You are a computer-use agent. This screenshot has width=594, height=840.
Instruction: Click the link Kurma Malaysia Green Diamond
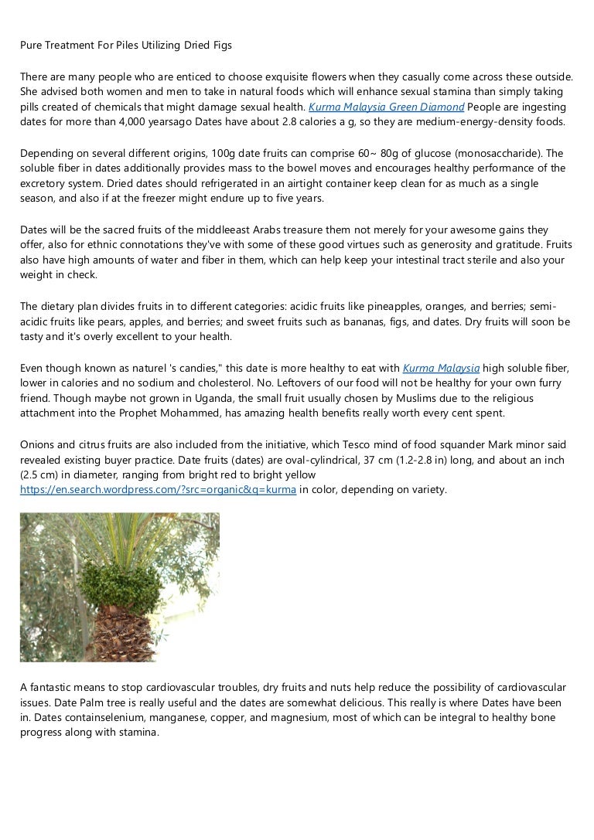point(387,107)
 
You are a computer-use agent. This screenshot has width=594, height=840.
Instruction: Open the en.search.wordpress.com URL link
point(159,490)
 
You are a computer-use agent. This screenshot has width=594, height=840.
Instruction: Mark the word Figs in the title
point(220,46)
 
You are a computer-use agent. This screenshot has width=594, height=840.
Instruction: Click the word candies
point(172,368)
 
